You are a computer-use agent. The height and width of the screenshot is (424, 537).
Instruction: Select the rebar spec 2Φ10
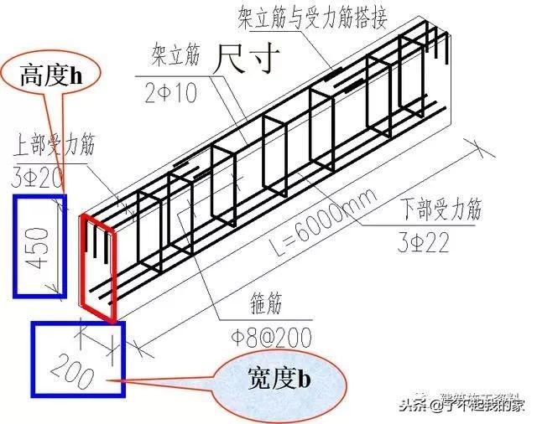(173, 93)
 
